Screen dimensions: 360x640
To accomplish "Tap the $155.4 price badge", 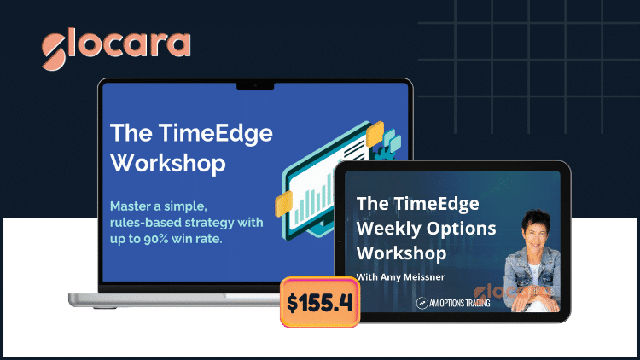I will [x=320, y=302].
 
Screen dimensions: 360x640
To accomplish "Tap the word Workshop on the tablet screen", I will [x=401, y=254].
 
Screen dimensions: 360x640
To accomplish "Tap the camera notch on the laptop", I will [x=255, y=85].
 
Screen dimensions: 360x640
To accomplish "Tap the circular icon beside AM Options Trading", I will [x=422, y=303].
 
